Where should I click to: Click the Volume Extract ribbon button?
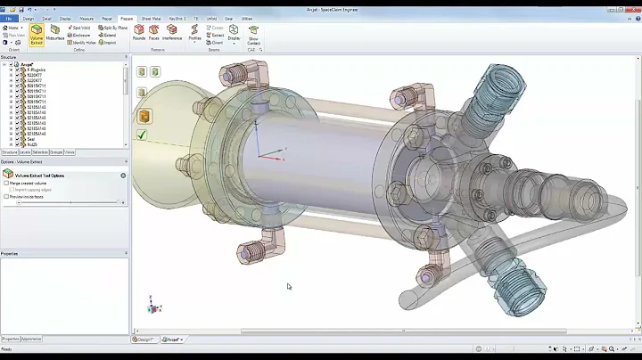(x=37, y=34)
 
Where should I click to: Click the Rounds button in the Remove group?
(x=139, y=32)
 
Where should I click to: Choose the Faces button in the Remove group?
(x=153, y=32)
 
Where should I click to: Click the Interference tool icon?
(x=172, y=32)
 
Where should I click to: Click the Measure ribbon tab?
(x=86, y=18)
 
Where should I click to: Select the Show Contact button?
(x=254, y=34)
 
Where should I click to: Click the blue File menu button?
(x=8, y=18)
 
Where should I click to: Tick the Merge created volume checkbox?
(x=6, y=183)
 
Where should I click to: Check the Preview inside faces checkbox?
(x=6, y=196)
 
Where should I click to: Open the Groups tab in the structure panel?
(x=56, y=152)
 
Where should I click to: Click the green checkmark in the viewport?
(x=142, y=135)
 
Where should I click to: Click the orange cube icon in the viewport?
(x=144, y=116)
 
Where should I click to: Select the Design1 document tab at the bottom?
(x=144, y=339)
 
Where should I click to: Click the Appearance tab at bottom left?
(x=31, y=339)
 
